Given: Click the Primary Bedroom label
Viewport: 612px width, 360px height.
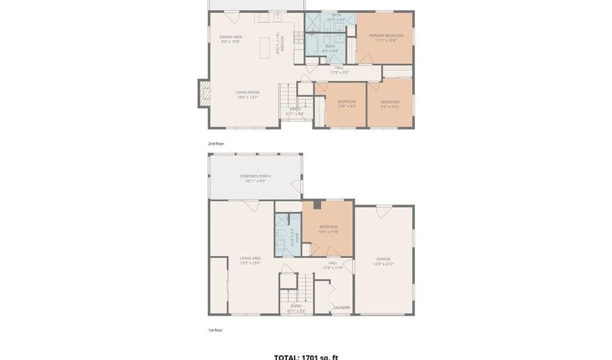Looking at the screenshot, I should coord(386,35).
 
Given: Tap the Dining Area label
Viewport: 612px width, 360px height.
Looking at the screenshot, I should coord(231,37).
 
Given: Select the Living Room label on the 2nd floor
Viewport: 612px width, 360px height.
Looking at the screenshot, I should coord(248,93).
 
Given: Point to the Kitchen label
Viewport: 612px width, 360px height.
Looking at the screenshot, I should coord(277,44).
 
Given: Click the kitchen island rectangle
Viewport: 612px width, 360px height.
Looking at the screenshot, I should coord(266,47).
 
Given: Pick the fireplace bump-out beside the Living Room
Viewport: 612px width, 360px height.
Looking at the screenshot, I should coord(203,93).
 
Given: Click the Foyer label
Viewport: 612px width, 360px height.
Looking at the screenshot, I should coord(295,109).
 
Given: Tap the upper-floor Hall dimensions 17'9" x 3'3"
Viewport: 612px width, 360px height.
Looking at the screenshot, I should coord(339,71).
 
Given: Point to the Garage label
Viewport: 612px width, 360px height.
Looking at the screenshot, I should coord(384,259).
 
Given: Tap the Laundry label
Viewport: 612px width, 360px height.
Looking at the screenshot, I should coord(341,308).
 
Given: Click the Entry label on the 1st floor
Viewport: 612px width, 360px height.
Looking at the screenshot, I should coord(296,306).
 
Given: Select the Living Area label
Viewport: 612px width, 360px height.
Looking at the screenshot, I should coord(250,259).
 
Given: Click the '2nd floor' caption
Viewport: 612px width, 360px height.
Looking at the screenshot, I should coord(216,144).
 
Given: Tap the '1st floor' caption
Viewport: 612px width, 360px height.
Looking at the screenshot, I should coord(215,329).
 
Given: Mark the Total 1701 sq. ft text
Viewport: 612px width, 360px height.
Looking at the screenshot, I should coord(305,357).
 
